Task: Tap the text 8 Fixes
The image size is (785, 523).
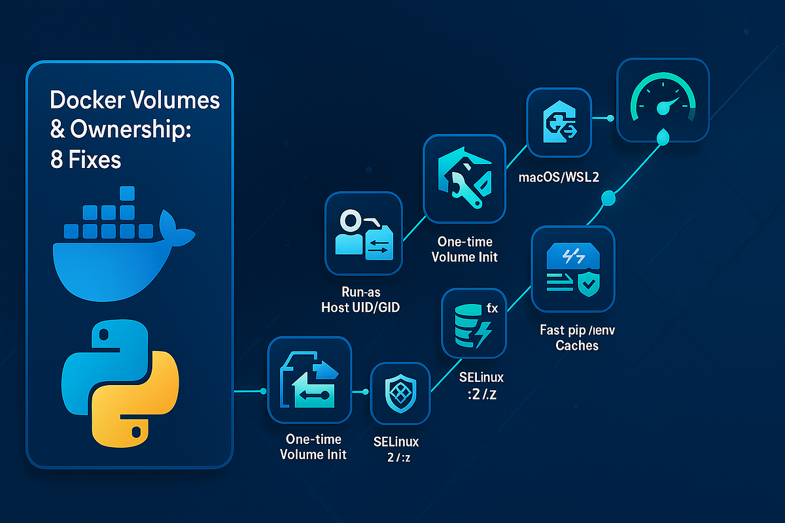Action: tap(86, 160)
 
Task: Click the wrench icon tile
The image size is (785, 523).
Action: tap(465, 178)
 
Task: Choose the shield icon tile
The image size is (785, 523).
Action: tap(400, 393)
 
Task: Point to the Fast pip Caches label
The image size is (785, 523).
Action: tap(576, 337)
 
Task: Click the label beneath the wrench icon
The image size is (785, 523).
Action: tap(464, 249)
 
